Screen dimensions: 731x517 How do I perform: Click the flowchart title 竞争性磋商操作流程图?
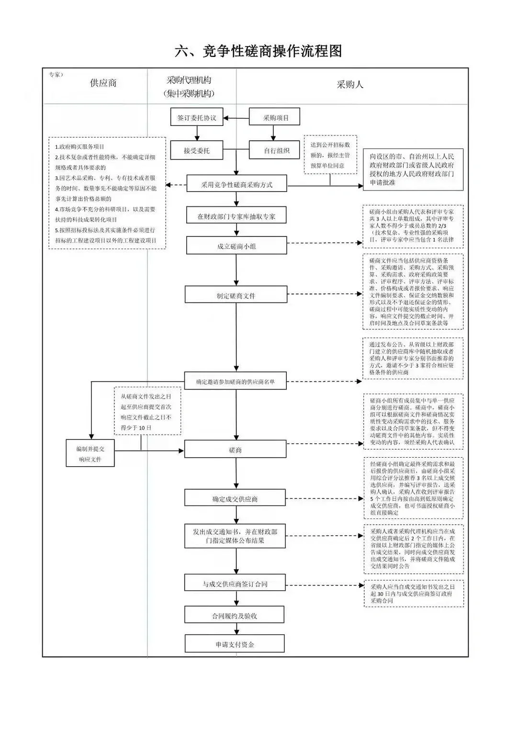(258, 51)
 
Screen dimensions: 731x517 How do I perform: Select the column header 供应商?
(103, 83)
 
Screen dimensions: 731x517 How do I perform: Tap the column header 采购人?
(350, 84)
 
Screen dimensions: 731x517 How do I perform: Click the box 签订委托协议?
(197, 117)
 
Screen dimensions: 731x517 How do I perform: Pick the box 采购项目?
(275, 117)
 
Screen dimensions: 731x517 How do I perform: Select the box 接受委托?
(197, 150)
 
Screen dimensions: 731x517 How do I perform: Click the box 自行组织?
(277, 150)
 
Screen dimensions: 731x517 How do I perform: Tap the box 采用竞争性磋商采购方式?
(236, 184)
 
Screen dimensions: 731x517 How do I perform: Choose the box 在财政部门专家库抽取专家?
(236, 216)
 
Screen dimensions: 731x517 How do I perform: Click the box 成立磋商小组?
(236, 247)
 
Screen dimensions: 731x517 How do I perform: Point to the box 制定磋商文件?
(236, 295)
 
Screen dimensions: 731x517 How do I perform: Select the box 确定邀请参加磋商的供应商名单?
(235, 382)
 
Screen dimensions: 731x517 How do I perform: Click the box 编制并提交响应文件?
(90, 453)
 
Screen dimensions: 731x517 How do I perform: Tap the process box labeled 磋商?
(235, 450)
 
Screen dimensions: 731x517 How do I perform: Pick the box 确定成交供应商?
(235, 499)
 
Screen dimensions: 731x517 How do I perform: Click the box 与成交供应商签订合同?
(235, 584)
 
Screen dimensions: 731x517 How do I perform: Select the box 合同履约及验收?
(235, 616)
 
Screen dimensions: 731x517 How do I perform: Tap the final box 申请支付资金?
(235, 644)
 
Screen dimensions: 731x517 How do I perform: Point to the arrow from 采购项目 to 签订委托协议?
(236, 117)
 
